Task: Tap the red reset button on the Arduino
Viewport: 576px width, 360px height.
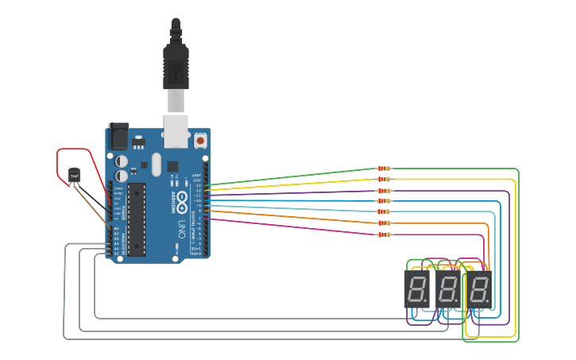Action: click(199, 141)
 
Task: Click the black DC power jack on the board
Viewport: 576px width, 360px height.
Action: click(118, 136)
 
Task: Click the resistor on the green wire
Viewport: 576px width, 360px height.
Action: click(384, 168)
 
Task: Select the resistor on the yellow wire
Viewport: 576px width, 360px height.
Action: click(384, 180)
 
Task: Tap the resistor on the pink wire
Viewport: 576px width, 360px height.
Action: click(384, 234)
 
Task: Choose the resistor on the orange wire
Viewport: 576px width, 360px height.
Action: click(384, 223)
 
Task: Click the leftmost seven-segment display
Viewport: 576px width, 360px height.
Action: click(417, 289)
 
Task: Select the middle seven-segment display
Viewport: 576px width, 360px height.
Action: click(447, 289)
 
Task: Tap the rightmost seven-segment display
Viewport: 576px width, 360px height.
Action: click(479, 289)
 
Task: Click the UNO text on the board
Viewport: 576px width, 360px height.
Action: click(181, 230)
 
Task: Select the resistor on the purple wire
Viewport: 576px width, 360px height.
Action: click(384, 191)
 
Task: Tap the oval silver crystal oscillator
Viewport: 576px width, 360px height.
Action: click(156, 165)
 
